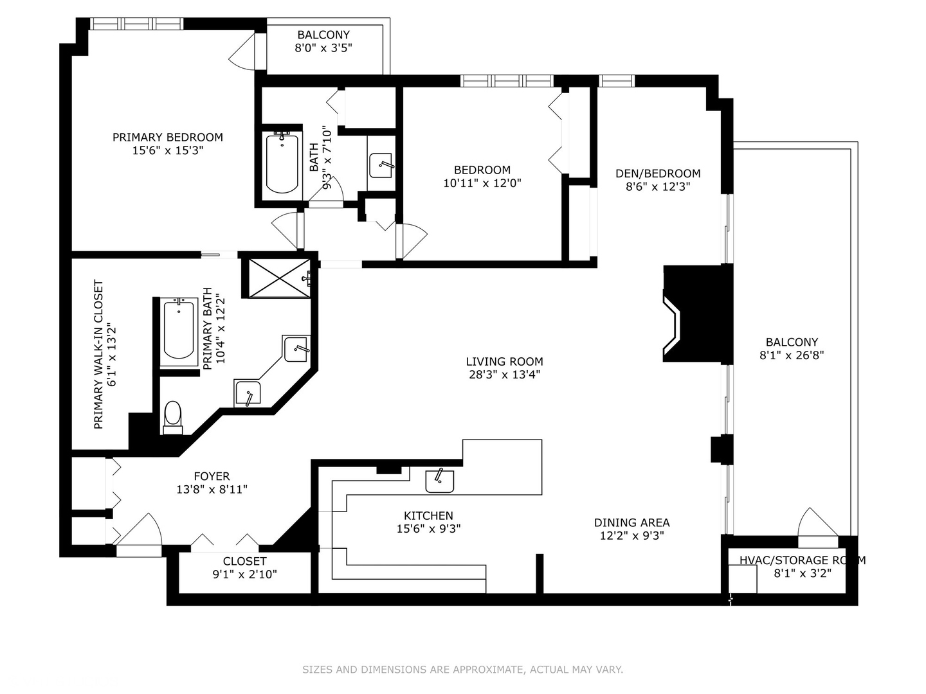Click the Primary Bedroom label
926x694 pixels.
(168, 137)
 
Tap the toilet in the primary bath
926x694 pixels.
(173, 416)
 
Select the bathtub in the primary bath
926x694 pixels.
(179, 330)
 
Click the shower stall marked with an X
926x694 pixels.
(278, 278)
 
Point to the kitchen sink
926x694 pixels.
(440, 481)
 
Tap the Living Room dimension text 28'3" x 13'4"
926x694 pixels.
(504, 375)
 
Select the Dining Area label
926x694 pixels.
(631, 522)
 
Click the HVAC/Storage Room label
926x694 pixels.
(802, 560)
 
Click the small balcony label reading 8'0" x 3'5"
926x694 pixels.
(323, 48)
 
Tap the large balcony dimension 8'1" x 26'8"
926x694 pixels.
(792, 355)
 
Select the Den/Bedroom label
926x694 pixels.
(658, 173)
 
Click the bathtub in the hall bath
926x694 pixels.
(282, 163)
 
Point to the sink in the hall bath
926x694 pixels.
(381, 166)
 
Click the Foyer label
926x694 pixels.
(212, 476)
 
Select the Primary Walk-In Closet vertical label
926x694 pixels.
(98, 354)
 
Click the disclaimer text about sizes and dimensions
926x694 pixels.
(462, 670)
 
